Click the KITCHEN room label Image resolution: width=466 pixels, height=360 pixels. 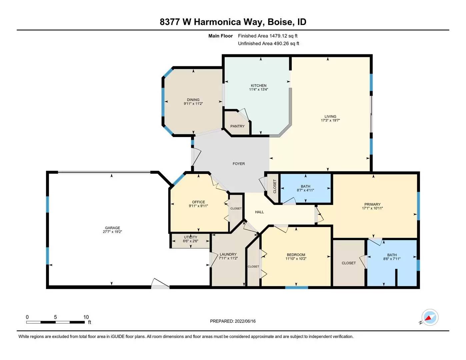point(259,86)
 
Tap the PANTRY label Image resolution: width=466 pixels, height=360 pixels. point(237,126)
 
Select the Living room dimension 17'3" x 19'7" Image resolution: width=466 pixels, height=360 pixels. point(330,120)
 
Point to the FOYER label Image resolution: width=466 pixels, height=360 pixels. point(239,164)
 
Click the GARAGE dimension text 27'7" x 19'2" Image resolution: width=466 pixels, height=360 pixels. point(112,232)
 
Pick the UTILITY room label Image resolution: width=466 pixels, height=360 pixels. point(190,237)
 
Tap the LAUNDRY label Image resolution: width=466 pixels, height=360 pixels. point(228,255)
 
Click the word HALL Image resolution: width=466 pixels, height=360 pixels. point(259,212)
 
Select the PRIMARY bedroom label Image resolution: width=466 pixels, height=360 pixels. point(372,204)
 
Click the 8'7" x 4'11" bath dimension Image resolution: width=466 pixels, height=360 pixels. point(305,190)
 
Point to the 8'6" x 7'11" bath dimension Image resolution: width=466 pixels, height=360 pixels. point(392,259)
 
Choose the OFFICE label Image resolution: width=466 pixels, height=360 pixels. point(198,202)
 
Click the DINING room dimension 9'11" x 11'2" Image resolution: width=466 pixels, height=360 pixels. point(193,104)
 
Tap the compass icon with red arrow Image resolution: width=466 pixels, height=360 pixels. point(430,317)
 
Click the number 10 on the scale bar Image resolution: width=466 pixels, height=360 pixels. point(86,317)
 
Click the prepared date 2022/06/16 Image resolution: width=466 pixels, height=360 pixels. point(245,321)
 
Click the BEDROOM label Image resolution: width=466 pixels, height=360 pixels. point(296,255)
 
